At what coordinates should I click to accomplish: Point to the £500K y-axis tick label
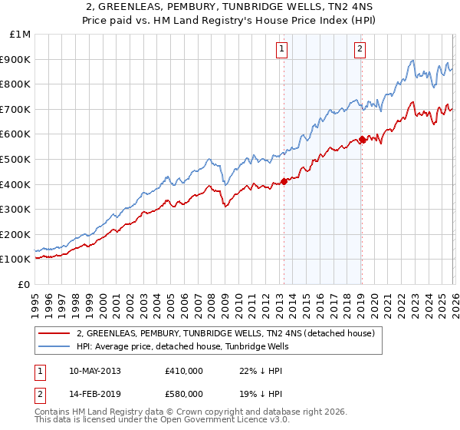16,159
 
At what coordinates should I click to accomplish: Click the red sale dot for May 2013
284,181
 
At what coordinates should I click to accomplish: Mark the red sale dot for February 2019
362,139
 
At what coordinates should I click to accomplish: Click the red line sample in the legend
54,333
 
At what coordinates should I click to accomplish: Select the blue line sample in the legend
54,347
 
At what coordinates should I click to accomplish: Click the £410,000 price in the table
183,371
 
